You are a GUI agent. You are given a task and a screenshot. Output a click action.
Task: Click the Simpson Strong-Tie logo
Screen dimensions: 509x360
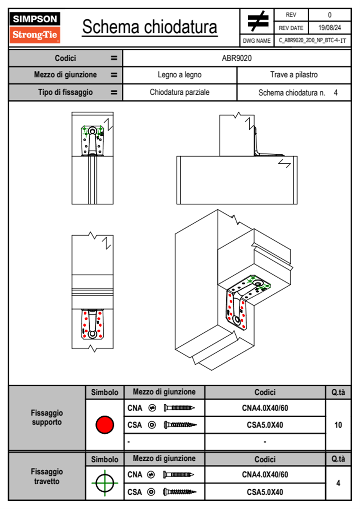(x=34, y=27)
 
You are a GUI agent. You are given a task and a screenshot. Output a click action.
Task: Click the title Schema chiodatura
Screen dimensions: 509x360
(x=149, y=27)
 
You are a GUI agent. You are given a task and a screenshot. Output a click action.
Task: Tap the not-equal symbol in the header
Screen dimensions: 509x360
(x=257, y=21)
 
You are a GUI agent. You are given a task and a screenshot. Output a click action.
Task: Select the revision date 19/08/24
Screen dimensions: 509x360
(x=329, y=28)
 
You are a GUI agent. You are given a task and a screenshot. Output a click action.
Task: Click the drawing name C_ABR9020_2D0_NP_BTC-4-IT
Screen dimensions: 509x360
(x=312, y=41)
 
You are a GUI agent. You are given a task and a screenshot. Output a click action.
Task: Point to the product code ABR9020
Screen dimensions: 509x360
(x=237, y=58)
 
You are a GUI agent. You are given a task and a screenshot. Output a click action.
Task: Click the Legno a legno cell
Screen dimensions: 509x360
(x=179, y=75)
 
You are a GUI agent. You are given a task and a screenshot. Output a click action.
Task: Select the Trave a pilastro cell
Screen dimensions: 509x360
(x=294, y=75)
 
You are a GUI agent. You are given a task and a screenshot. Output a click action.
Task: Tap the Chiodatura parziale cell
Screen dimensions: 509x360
(x=179, y=92)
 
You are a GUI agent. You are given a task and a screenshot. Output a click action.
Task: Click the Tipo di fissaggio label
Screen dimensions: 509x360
(x=65, y=92)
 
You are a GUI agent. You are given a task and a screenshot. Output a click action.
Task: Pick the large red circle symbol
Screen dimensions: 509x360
(x=105, y=425)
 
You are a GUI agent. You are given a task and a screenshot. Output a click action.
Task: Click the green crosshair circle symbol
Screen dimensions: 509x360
(x=105, y=483)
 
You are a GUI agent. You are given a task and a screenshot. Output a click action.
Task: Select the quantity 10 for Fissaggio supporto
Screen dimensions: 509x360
(x=338, y=425)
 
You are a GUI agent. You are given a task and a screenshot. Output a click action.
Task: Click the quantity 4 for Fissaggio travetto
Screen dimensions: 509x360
(x=338, y=483)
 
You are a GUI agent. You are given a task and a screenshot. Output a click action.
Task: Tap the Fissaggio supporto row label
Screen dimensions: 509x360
(x=47, y=418)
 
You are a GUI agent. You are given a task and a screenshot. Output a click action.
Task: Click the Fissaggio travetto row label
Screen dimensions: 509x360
(x=47, y=476)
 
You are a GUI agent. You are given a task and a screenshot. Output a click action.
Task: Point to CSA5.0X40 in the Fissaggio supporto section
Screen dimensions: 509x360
(x=265, y=425)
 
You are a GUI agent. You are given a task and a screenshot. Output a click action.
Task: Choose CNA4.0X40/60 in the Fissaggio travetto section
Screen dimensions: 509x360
(x=265, y=475)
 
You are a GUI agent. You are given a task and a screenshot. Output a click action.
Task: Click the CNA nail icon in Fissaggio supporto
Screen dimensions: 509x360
(x=179, y=408)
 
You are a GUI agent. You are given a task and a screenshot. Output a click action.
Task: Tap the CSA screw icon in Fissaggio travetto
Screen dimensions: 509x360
(x=179, y=492)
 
